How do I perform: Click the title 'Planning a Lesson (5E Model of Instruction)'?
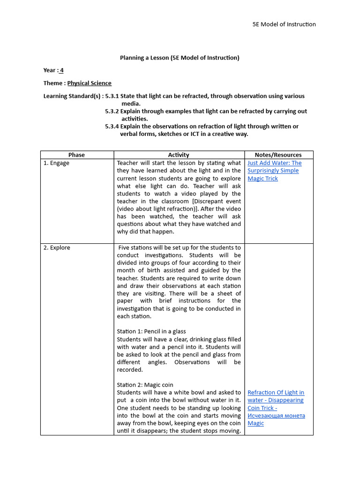coord(180,58)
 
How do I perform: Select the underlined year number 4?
coord(61,70)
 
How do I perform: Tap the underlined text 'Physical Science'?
coord(90,83)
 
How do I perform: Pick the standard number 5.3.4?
coord(112,126)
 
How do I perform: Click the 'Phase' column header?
coord(76,155)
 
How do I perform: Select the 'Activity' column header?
coord(179,155)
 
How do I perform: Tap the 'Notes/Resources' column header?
coord(278,155)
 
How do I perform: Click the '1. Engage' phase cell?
coord(56,163)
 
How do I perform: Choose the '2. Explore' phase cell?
coord(57,247)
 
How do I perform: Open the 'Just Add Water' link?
coord(274,171)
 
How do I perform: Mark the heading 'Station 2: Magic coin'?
coord(145,385)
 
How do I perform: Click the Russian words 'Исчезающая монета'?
coord(276,416)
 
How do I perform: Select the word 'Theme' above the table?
coord(53,83)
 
